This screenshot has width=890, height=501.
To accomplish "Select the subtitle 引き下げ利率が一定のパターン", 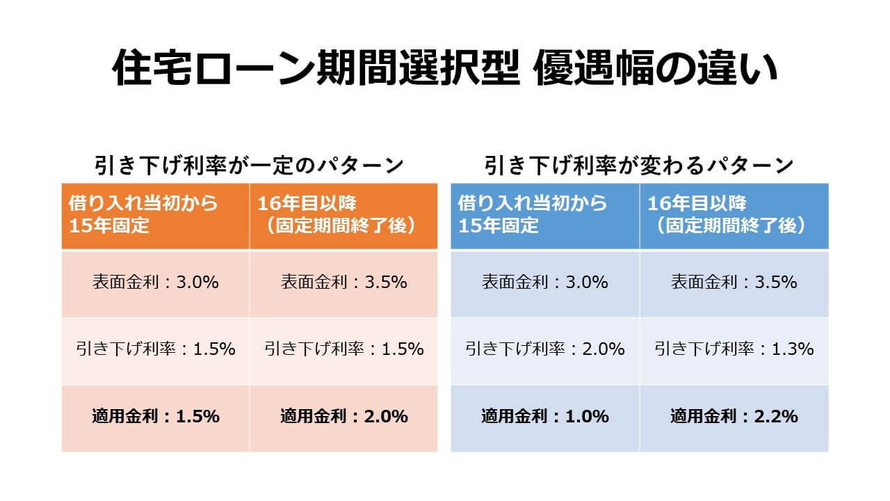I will [248, 166].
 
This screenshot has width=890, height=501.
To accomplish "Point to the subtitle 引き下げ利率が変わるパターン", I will [639, 166].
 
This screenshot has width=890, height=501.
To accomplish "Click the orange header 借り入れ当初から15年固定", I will [155, 215].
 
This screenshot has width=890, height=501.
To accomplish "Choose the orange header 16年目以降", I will [343, 215].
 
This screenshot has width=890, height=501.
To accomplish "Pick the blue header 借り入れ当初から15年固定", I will [544, 215].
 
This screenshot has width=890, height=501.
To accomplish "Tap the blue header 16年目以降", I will [734, 215].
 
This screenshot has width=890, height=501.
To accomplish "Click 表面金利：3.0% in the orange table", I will [156, 283].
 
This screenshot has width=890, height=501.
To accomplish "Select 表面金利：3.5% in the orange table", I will [343, 283].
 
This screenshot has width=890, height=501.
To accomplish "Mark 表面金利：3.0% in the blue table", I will [545, 283].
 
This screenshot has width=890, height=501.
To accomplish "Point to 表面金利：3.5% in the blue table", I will [734, 283].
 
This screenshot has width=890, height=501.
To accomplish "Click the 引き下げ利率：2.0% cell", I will [545, 349].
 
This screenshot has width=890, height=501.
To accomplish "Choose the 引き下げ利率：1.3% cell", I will [734, 349].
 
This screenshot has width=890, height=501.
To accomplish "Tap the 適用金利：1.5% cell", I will [156, 417].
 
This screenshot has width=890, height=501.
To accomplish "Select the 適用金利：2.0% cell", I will [343, 417].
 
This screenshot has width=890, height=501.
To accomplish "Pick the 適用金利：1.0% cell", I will [545, 417].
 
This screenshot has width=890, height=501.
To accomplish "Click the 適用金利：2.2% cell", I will [734, 417].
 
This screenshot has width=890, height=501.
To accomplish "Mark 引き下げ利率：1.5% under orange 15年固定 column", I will [156, 349].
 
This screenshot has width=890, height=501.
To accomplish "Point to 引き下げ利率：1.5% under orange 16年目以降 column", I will [343, 349].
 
